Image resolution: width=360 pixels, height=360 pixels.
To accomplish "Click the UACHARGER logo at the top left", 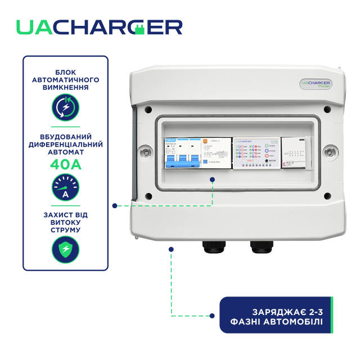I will pyautogui.click(x=98, y=27).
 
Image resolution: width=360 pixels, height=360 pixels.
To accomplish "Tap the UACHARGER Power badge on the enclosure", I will pyautogui.click(x=314, y=83).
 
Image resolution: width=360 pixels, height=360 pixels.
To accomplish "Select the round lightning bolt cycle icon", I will pyautogui.click(x=65, y=106).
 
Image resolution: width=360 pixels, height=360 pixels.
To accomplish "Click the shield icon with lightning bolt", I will pyautogui.click(x=65, y=249).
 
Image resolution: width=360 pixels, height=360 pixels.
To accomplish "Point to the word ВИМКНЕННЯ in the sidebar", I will pyautogui.click(x=65, y=88).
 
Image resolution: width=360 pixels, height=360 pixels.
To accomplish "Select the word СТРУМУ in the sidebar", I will pyautogui.click(x=65, y=229).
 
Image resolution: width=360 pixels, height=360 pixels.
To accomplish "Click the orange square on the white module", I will pyautogui.click(x=206, y=142).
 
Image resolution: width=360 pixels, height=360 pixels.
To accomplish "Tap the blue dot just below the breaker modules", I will pyautogui.click(x=213, y=179).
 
